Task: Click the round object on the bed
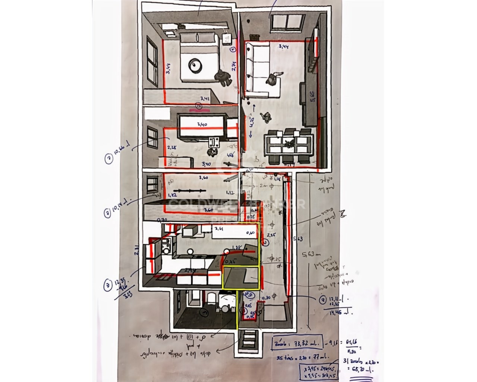point(196,66)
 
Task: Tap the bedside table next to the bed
point(226,39)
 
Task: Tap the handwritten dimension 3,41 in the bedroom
point(204,99)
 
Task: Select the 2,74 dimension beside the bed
point(234,66)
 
